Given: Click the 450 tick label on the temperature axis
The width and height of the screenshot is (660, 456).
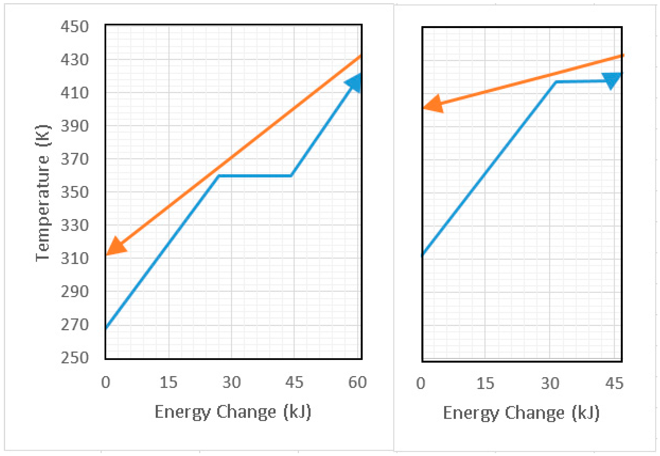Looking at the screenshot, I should (75, 27).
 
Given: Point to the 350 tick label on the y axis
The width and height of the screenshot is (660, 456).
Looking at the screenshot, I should (75, 192).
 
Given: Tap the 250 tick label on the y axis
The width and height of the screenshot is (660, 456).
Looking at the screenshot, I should (75, 358).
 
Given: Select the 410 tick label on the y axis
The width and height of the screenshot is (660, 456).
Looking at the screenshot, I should (75, 93).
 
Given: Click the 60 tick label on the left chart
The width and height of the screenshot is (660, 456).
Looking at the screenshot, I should (357, 382).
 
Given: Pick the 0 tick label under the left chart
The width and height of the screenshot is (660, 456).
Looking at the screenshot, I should (105, 382).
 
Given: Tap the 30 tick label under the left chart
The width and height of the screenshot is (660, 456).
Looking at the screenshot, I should (232, 382).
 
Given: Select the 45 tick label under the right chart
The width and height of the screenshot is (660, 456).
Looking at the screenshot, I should (614, 383).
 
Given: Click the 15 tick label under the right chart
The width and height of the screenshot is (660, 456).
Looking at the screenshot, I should (485, 383).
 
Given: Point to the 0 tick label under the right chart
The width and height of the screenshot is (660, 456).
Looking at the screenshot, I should (420, 383).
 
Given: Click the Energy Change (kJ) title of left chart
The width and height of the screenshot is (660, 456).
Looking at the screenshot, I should (233, 412).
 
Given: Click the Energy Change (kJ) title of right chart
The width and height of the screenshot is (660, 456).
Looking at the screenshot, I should (521, 413).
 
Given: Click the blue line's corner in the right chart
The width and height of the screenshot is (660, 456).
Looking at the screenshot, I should (556, 82).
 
